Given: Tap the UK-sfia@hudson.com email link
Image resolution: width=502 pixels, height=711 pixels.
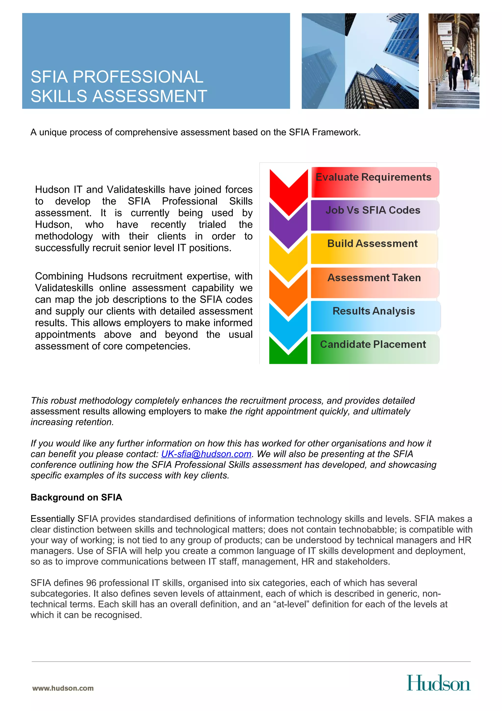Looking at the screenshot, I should coord(206,454).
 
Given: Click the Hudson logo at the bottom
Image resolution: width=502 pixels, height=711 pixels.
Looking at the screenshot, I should coord(438,683).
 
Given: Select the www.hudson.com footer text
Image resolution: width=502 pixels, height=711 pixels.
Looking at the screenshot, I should coord(63,688).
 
